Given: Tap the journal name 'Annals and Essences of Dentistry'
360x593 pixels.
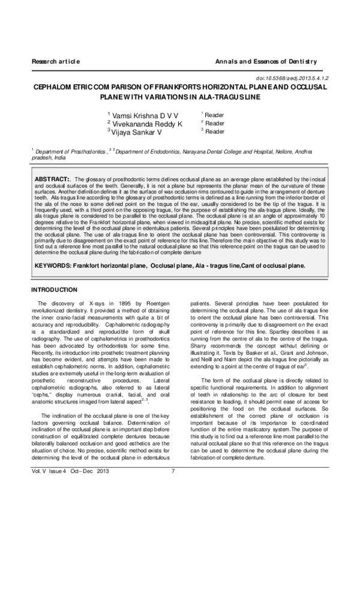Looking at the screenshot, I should coord(265,62).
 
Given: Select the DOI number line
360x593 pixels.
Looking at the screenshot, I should coord(292,78).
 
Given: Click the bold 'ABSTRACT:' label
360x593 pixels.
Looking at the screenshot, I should coord(53,179).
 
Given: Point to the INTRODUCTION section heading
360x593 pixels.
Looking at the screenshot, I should coord(58,290).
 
